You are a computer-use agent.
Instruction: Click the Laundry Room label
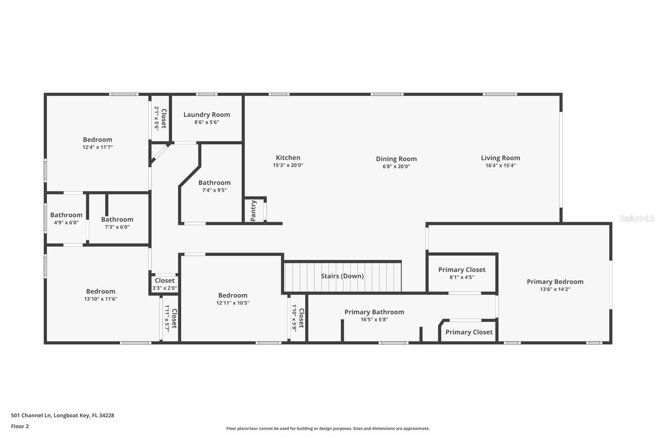[x=207, y=115]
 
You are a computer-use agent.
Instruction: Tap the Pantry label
[x=253, y=211]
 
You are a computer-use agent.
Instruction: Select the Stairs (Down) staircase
[x=342, y=276]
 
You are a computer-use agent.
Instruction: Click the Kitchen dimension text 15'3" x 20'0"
[x=288, y=165]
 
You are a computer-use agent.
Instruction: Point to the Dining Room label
[x=396, y=159]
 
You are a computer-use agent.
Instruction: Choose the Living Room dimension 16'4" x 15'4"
[x=500, y=166]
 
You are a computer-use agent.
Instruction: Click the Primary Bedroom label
[x=555, y=282]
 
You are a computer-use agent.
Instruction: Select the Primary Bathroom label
[x=374, y=312]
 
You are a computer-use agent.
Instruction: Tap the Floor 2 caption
[x=20, y=426]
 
